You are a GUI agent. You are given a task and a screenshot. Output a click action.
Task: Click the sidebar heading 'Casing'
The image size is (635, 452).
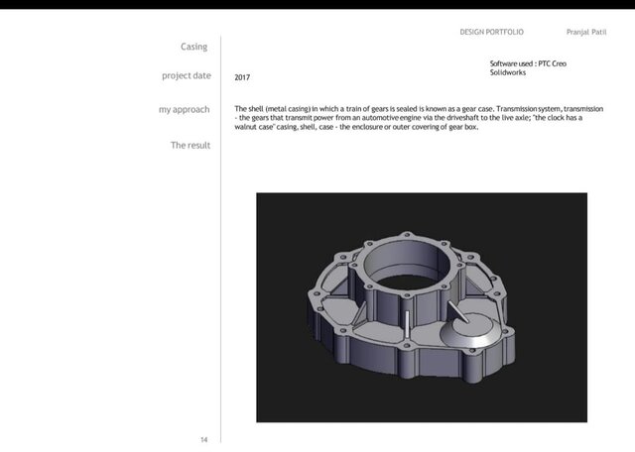tap(193, 47)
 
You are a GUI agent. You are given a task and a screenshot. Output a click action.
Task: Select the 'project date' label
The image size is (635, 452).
tap(186, 75)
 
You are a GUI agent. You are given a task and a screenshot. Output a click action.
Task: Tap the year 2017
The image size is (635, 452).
tap(242, 77)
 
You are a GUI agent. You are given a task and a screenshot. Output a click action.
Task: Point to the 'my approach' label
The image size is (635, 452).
tap(184, 109)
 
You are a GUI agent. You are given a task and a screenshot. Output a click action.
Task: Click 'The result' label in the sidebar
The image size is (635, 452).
tap(190, 145)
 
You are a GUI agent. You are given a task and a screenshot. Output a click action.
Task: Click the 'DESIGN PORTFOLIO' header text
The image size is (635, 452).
tap(492, 33)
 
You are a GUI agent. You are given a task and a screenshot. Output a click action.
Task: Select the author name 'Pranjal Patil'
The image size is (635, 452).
tap(585, 33)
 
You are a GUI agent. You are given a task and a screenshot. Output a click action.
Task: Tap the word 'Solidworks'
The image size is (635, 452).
tap(509, 73)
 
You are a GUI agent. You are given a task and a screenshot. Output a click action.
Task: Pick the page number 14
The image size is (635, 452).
tap(204, 437)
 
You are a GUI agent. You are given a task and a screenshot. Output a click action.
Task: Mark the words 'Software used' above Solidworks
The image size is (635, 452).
tap(511, 63)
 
